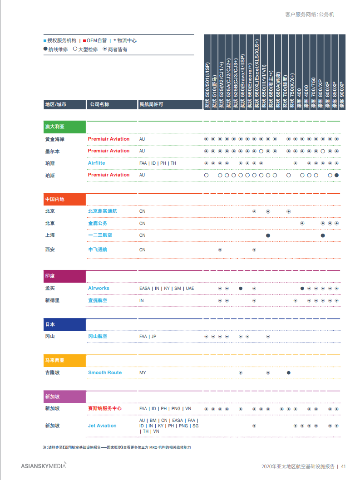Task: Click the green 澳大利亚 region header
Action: [x=64, y=127]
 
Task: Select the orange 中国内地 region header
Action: [x=64, y=199]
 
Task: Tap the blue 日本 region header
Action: [x=64, y=324]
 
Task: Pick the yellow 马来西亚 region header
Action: [x=64, y=360]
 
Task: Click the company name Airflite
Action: [x=96, y=163]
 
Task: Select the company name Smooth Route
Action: [x=105, y=372]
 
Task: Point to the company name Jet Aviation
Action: [x=102, y=426]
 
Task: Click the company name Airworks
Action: [x=99, y=288]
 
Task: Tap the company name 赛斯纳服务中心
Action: [x=105, y=408]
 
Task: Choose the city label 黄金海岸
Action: [x=55, y=139]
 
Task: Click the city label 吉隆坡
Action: [x=52, y=372]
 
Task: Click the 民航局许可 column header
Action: [x=151, y=104]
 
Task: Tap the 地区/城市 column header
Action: [x=56, y=104]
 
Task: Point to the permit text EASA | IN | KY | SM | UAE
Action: [x=166, y=288]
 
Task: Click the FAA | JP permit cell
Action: [x=148, y=337]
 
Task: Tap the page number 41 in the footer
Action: [x=344, y=466]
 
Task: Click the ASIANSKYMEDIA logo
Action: [x=44, y=465]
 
